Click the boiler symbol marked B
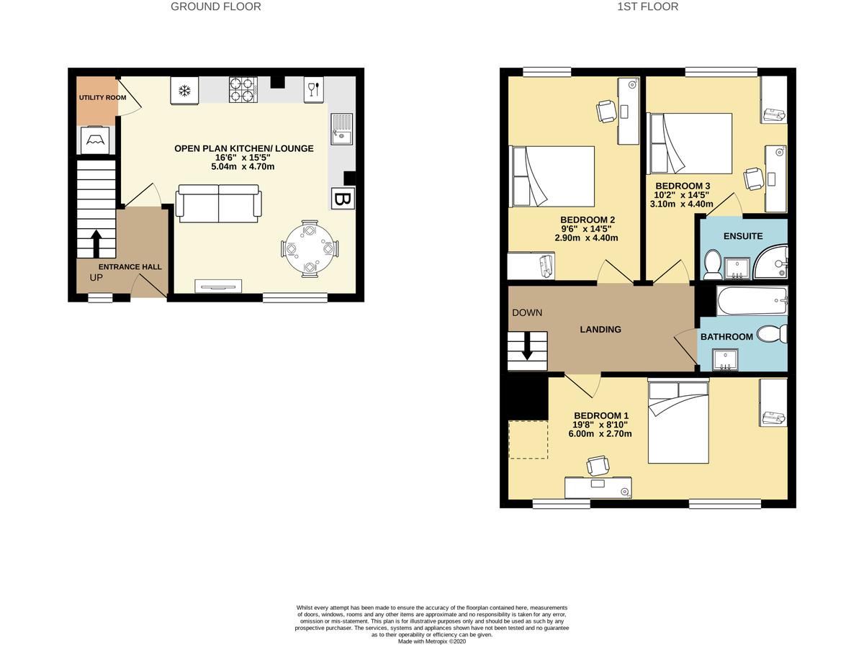[342, 199]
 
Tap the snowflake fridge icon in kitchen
[184, 91]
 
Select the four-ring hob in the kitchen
[243, 90]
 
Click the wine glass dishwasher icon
[313, 89]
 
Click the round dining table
[310, 248]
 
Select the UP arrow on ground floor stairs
[95, 243]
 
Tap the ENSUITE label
[743, 236]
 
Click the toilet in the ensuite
[712, 264]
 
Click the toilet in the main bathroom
[775, 334]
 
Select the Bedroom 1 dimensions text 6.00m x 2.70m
[602, 434]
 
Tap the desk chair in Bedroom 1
[598, 466]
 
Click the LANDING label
[600, 330]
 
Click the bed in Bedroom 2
[552, 176]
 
